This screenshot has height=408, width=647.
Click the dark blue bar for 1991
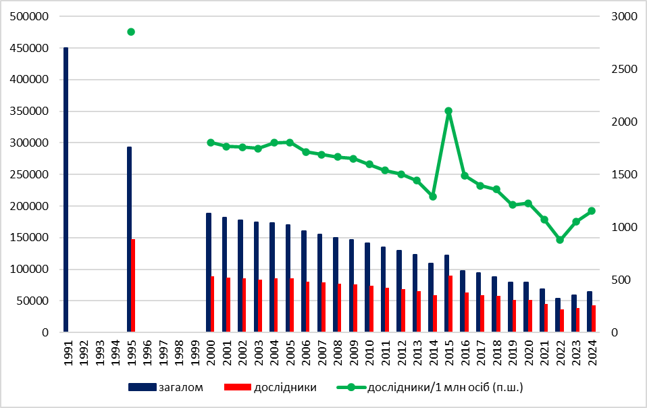[66, 190]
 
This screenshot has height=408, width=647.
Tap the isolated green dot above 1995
[131, 32]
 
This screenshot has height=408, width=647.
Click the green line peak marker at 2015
[448, 111]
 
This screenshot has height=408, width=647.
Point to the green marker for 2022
[560, 240]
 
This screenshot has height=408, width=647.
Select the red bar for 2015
[450, 304]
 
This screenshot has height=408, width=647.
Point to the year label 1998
[179, 352]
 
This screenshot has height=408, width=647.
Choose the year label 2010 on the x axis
[369, 352]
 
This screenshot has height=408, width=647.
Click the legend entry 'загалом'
[180, 387]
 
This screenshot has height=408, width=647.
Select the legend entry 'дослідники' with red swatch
[284, 387]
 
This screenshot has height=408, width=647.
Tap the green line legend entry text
[445, 387]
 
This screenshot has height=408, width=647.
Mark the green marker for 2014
[433, 197]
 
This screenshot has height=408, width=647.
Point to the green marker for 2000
[211, 143]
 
